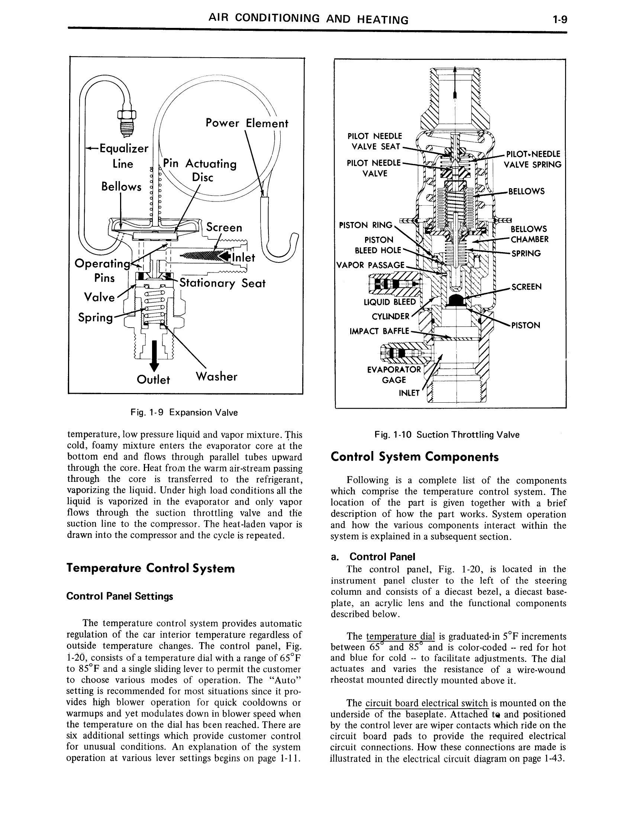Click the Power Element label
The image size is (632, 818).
(x=247, y=123)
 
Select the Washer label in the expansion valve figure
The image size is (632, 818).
(x=216, y=376)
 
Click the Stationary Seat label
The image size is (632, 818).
(x=222, y=283)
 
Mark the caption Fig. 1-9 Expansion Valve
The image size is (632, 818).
(x=184, y=413)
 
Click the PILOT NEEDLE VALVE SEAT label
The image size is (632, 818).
(x=374, y=141)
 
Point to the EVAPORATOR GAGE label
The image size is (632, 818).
(x=394, y=374)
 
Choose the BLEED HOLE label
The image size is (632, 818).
(x=377, y=250)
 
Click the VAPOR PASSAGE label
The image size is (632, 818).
(x=371, y=265)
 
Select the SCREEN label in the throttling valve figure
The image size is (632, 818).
(x=526, y=287)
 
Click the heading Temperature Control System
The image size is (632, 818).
(x=151, y=569)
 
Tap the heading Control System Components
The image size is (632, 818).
(x=415, y=457)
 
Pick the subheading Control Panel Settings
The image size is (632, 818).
(x=120, y=596)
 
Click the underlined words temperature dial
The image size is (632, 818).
(x=400, y=636)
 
